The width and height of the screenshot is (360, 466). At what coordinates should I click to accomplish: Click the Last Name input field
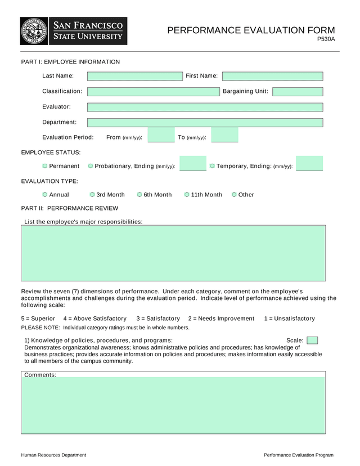(135, 76)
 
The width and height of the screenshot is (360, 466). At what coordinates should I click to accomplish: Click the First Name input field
(272, 76)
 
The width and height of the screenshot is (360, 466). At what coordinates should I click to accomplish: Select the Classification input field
(153, 92)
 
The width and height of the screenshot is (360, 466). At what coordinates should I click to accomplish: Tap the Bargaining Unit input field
(298, 92)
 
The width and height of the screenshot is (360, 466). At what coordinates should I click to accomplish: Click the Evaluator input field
(205, 107)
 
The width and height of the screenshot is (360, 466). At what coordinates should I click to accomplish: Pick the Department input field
(205, 123)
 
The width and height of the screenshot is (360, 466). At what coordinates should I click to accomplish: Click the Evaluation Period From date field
(161, 136)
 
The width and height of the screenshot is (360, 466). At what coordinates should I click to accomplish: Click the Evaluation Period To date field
(224, 136)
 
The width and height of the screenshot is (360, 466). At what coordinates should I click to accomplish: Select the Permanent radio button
(45, 166)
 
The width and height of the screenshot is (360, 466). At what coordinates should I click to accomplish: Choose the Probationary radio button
(91, 166)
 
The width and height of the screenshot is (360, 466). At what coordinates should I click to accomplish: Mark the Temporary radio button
(212, 166)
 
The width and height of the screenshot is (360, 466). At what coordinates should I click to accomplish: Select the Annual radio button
(45, 195)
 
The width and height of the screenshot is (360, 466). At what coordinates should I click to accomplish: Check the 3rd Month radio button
(92, 195)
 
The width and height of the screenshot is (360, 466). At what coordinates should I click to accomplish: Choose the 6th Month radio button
(139, 195)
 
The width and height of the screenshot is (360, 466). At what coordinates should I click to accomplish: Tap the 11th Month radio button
(187, 195)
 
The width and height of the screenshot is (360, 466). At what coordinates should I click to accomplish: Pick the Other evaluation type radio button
(234, 195)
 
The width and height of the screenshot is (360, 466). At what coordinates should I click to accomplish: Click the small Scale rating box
(312, 340)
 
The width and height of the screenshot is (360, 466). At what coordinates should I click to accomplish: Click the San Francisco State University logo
(74, 31)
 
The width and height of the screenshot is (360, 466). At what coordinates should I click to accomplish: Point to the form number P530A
(326, 39)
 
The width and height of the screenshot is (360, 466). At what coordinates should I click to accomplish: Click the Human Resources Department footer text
(54, 455)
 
